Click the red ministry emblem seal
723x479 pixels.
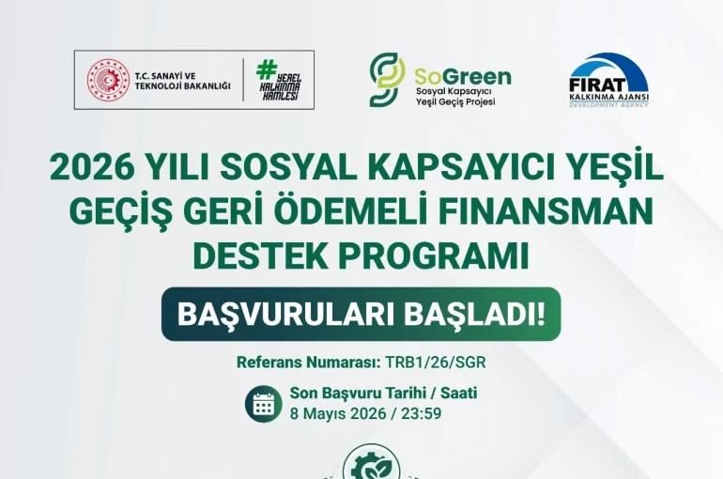click(x=108, y=80)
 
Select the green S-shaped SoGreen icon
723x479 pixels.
click(x=386, y=79)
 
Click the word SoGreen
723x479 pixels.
click(x=462, y=75)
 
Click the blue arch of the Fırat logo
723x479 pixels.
click(x=609, y=69)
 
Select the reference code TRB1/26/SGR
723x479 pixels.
click(x=436, y=362)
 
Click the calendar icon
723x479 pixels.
click(x=263, y=404)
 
